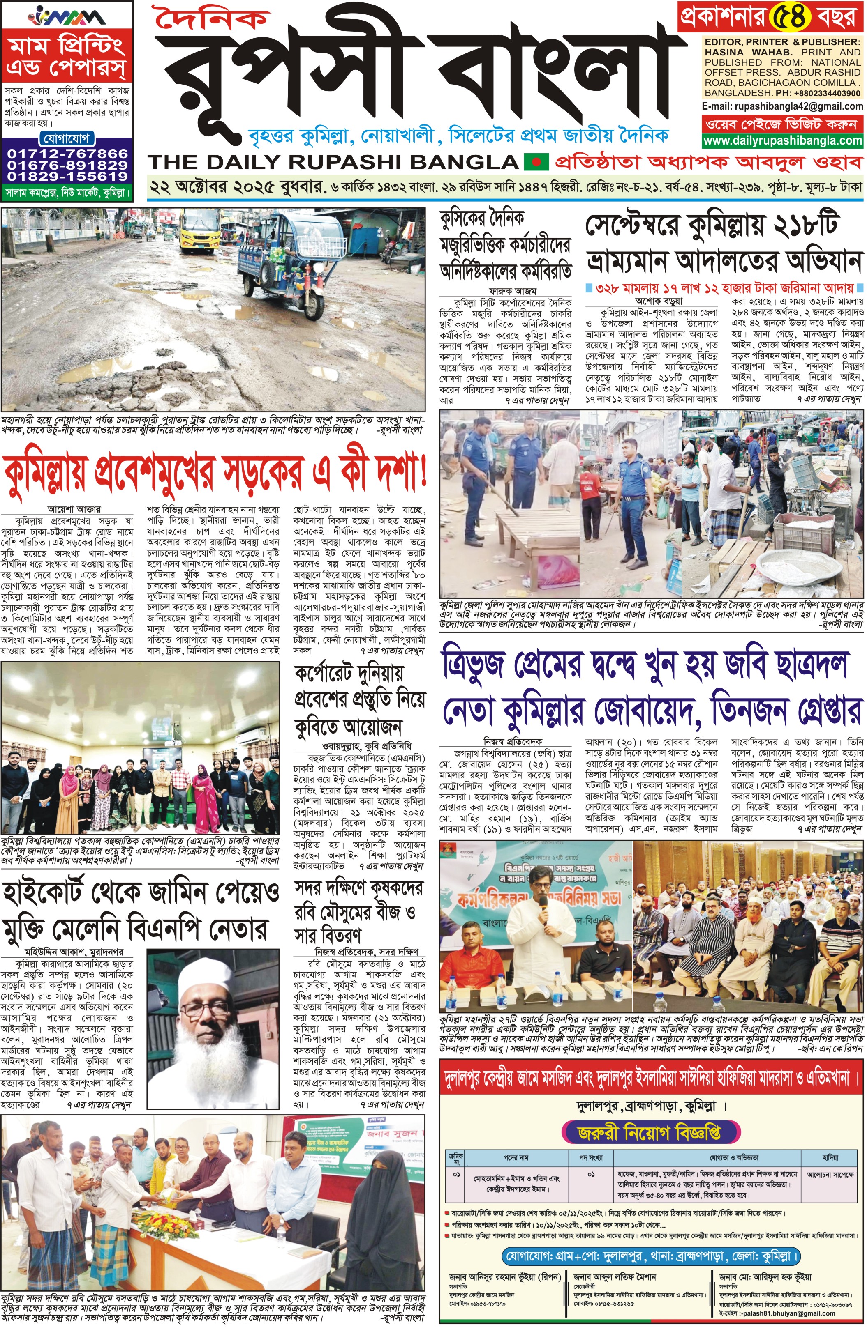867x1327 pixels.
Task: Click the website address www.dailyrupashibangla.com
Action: coord(783,140)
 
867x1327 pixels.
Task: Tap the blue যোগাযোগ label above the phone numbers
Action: coord(67,138)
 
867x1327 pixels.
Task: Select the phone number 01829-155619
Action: coord(67,176)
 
